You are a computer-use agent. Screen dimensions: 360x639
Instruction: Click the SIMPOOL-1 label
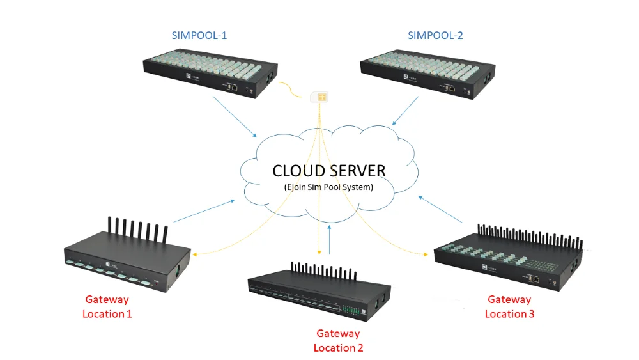point(199,36)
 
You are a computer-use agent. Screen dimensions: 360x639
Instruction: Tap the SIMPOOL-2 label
point(435,36)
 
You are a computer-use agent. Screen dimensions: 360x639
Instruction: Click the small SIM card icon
point(319,97)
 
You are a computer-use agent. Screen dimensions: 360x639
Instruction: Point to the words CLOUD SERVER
point(328,171)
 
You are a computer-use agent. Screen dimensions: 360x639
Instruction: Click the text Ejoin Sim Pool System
point(328,187)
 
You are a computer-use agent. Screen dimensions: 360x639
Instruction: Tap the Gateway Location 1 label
point(107,306)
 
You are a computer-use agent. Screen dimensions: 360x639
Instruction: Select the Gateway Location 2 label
point(338,341)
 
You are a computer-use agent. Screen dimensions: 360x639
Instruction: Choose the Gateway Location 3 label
point(509,306)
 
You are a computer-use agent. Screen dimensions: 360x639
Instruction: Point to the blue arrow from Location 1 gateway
point(204,211)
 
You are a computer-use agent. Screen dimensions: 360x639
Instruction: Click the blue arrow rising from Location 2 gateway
point(329,240)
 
